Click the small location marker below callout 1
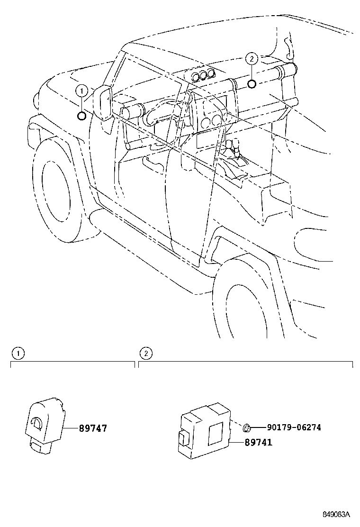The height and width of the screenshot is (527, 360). (82, 115)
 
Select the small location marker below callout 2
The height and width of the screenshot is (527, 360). (252, 84)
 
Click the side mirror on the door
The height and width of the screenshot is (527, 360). (103, 102)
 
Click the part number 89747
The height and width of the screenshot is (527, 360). (93, 428)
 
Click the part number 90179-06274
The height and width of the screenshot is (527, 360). (294, 427)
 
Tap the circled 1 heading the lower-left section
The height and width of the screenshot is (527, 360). (17, 353)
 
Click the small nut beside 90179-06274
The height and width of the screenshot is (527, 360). (246, 428)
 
